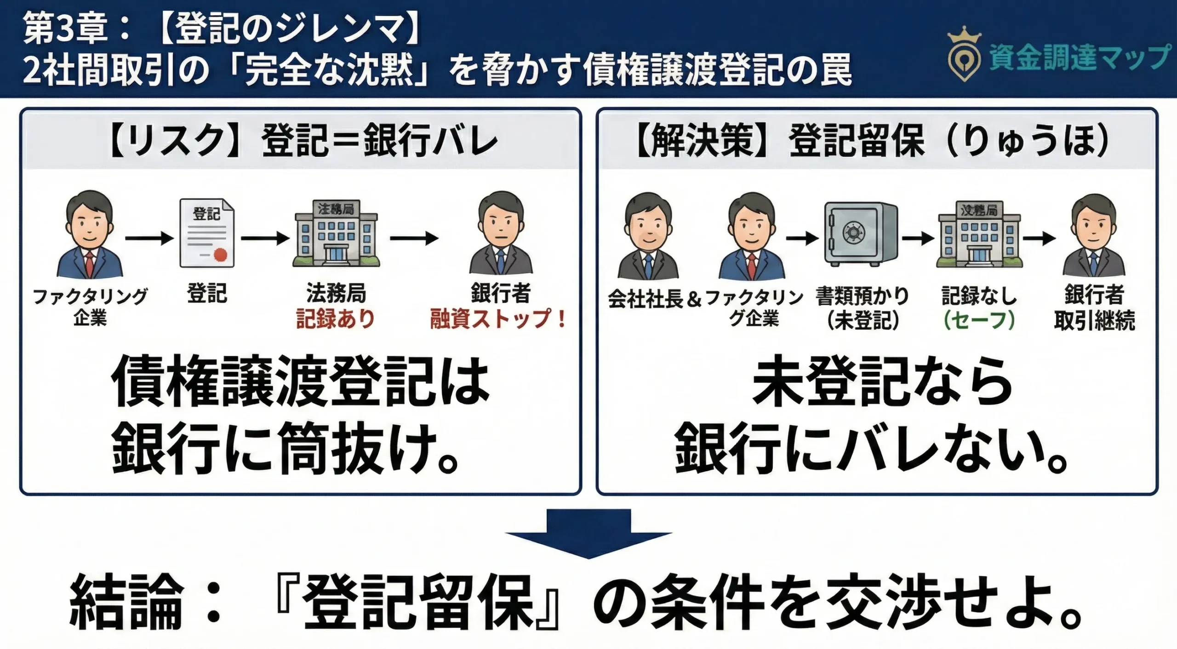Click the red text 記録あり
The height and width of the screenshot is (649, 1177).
coord(335,319)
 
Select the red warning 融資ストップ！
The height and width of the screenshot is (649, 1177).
coord(498,319)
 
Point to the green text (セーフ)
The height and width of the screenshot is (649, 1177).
coord(979,320)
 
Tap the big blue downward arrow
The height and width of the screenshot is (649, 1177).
coord(588,533)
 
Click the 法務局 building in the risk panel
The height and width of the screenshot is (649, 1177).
coord(336,233)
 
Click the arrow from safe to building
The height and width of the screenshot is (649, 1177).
coord(917,238)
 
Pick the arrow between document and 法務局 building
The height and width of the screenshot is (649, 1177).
coord(265,238)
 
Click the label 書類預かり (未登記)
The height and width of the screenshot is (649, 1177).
coord(863,308)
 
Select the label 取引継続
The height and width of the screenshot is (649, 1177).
coord(1094,320)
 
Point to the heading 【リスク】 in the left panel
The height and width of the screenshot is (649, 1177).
coord(175,140)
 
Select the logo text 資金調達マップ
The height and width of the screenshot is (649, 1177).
coord(1078,57)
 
